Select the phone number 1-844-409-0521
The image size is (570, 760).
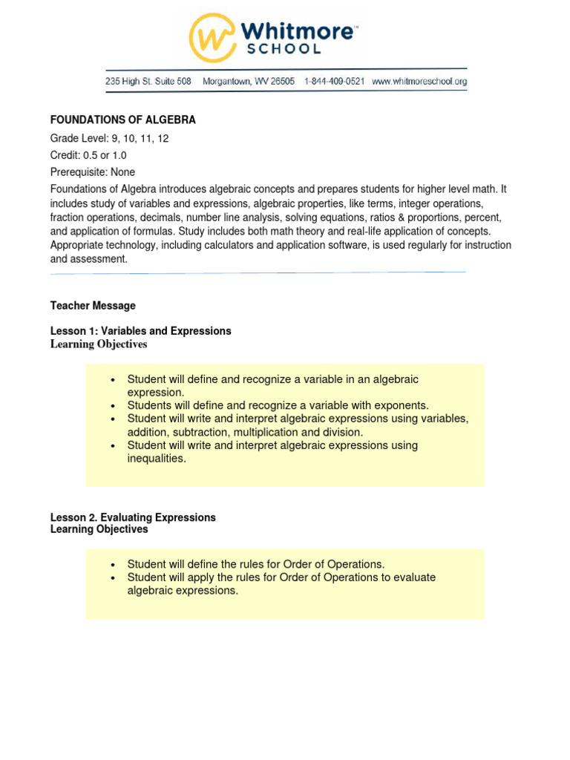pos(334,82)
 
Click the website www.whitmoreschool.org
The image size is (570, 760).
pos(419,82)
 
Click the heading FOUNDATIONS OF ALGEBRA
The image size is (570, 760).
pos(122,119)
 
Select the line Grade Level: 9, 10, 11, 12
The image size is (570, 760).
pos(109,139)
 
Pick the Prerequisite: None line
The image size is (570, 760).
pos(92,171)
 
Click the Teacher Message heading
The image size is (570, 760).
pos(93,306)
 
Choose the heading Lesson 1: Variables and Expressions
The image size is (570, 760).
pos(140,331)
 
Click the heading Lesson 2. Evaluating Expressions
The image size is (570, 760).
pos(133,517)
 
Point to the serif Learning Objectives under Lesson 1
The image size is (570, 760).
pos(98,344)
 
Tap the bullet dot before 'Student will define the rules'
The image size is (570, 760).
pos(113,566)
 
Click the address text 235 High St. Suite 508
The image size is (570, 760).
pos(148,82)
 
